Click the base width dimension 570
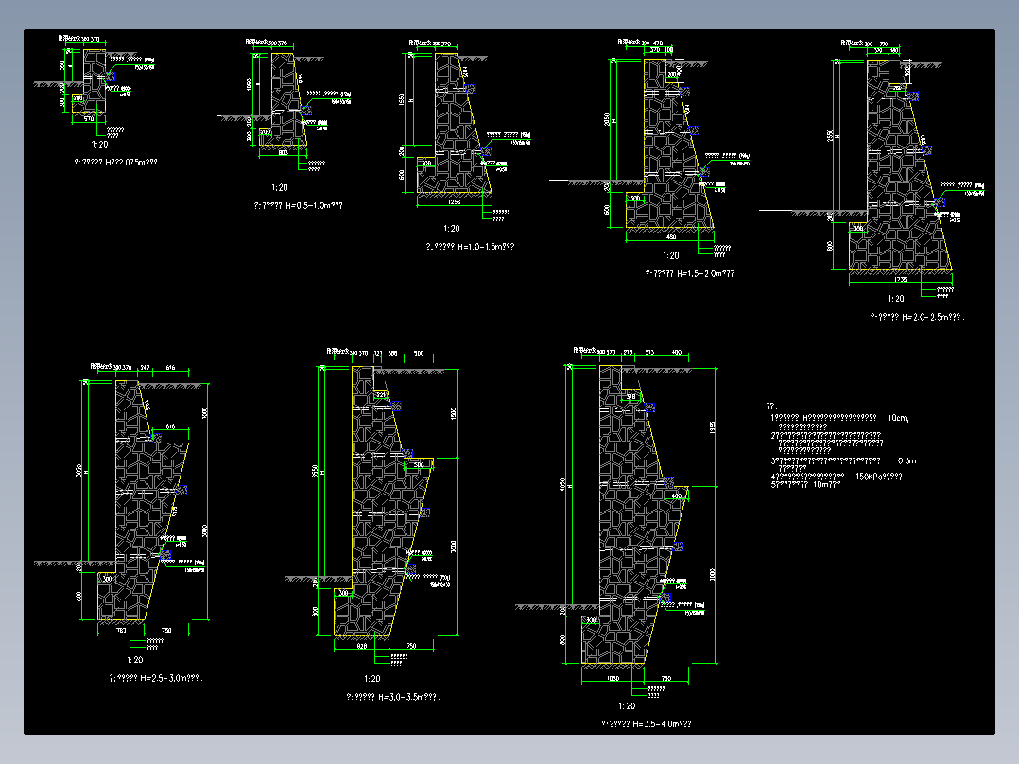click(90, 119)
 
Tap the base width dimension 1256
click(455, 201)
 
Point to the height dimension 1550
click(401, 99)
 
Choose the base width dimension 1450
click(670, 236)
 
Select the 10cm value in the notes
click(898, 417)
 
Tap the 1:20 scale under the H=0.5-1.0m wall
click(279, 188)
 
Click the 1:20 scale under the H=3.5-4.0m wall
click(626, 706)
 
